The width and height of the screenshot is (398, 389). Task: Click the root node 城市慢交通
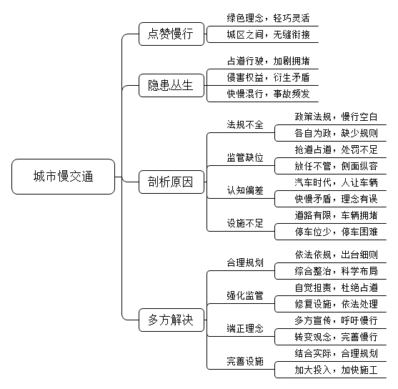(63, 177)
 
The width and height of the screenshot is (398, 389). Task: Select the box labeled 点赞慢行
(171, 34)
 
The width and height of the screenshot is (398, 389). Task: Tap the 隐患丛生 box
(171, 85)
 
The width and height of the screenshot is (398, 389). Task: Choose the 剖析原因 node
(171, 182)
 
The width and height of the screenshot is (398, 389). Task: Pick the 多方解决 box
(171, 320)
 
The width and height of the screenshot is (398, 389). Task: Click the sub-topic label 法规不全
(245, 124)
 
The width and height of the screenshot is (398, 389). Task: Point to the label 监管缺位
(245, 157)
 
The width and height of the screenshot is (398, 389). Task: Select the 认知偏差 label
(245, 190)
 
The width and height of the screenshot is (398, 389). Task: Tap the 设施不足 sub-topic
(245, 223)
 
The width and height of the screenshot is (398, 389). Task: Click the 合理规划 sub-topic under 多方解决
(245, 262)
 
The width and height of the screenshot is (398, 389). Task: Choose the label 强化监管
(245, 295)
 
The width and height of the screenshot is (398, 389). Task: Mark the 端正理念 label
(245, 328)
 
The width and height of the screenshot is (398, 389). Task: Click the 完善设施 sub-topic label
(245, 361)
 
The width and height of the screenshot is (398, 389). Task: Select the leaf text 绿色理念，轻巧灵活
(268, 18)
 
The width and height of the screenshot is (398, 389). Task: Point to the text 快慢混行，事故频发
(268, 94)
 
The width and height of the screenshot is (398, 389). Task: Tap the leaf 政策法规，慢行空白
(336, 117)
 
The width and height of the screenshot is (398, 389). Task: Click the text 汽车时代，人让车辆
(336, 182)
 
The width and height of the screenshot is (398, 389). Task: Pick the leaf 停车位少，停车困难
(336, 232)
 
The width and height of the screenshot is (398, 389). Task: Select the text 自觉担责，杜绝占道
(336, 287)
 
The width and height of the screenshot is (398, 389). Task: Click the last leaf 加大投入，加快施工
(336, 370)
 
